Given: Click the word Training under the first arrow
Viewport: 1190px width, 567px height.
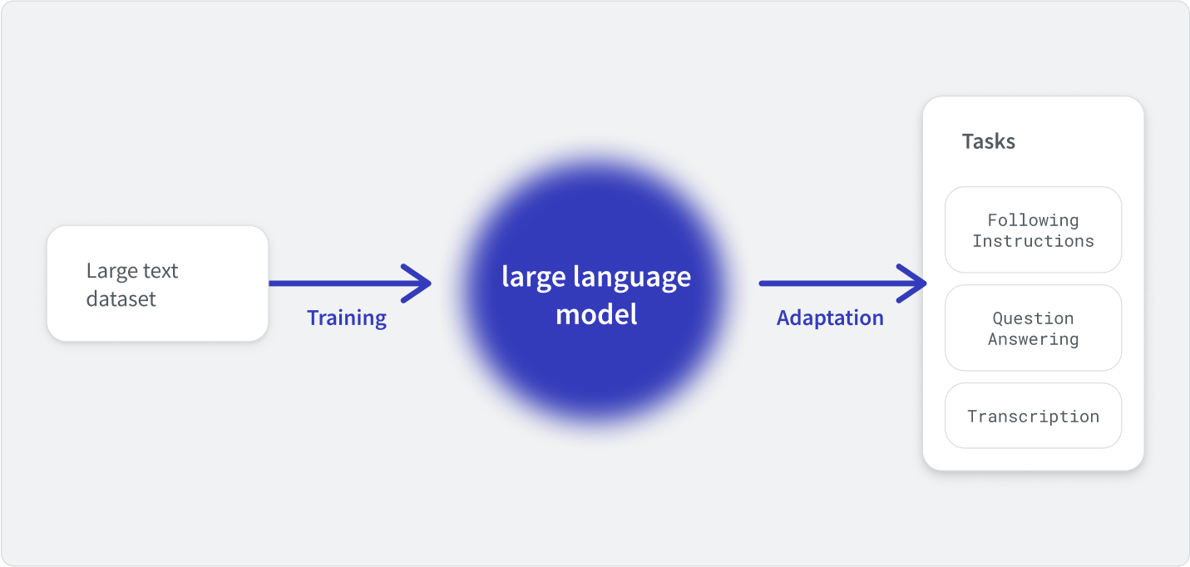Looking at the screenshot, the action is [347, 318].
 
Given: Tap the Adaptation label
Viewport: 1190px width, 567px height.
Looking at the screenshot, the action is [830, 318].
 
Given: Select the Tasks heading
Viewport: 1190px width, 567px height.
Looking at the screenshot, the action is [988, 141].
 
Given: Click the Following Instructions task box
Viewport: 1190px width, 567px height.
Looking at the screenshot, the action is [1034, 230].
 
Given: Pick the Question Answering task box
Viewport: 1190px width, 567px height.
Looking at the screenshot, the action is [1034, 328].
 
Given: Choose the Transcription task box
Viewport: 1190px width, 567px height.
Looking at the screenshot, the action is [1034, 416].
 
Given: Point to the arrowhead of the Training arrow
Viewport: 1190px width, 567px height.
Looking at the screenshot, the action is [430, 283].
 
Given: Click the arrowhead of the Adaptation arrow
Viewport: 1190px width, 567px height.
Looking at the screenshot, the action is [926, 283].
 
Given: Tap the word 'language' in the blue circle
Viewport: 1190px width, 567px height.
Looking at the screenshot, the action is [632, 278].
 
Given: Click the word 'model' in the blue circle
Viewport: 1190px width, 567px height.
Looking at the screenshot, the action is [596, 314].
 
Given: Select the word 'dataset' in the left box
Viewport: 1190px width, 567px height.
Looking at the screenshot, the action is [121, 299].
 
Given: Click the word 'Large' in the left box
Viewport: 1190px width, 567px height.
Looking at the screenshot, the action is [111, 271].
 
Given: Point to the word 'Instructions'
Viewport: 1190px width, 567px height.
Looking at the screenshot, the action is [1034, 241].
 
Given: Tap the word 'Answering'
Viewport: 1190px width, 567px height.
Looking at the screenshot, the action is [1034, 339].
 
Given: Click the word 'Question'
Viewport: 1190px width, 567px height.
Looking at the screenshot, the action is [1034, 318].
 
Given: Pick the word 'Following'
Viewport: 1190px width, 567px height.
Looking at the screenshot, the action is [1034, 220].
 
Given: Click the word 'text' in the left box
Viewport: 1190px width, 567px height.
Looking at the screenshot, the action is [161, 271].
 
